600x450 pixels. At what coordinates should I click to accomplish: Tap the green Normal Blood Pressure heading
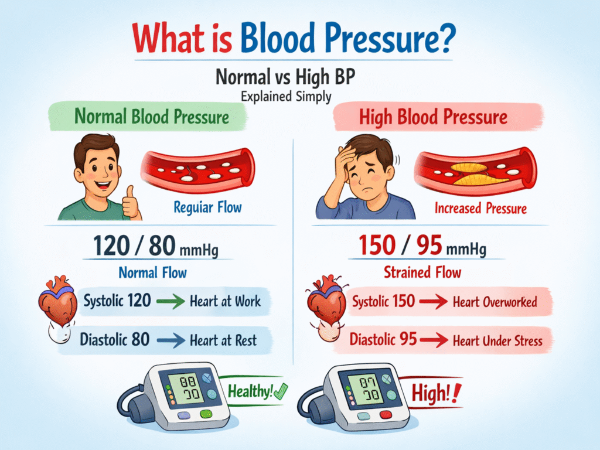[152, 117]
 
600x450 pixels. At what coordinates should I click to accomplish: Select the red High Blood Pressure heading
[433, 117]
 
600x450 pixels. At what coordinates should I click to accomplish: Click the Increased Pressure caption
[480, 208]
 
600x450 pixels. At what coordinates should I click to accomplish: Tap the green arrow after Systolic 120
[171, 302]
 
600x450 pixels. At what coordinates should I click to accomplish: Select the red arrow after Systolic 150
[434, 302]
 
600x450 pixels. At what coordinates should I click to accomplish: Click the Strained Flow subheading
[422, 272]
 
